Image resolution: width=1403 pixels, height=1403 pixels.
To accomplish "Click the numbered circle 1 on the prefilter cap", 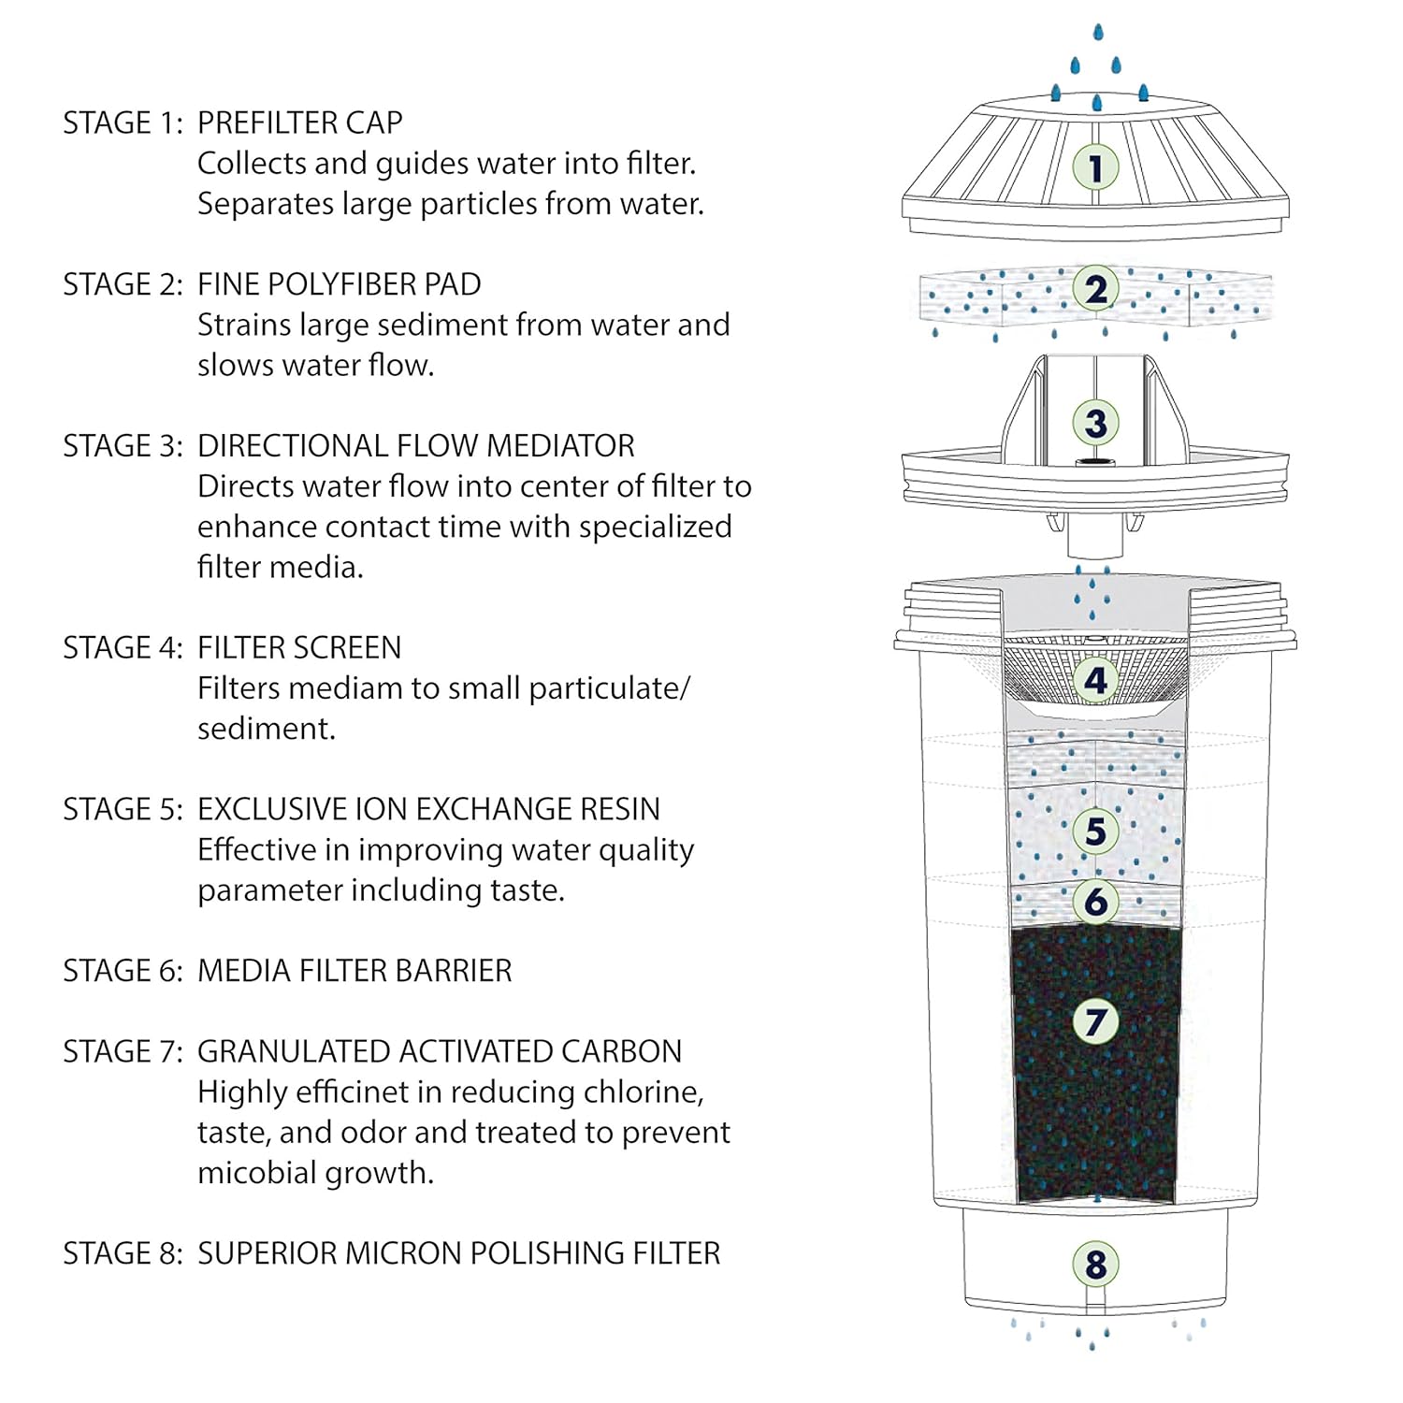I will tap(1095, 168).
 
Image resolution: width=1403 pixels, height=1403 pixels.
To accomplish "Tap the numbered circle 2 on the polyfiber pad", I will tap(1095, 289).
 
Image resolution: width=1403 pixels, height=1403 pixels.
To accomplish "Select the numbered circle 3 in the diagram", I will tap(1095, 423).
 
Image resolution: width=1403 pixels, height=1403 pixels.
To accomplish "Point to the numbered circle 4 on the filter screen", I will tap(1095, 680).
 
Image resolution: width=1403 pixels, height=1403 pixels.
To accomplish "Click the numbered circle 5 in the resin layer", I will tap(1095, 831).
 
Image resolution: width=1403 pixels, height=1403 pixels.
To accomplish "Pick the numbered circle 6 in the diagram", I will tap(1095, 902).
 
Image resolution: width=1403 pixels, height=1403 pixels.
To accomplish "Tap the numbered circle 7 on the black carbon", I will tap(1095, 1021).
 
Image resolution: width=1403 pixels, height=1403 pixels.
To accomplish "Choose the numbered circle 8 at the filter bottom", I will tap(1095, 1265).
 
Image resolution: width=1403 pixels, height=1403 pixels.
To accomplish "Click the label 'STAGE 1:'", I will tap(123, 123).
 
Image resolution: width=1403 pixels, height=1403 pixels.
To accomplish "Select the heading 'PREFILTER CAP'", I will tap(299, 123).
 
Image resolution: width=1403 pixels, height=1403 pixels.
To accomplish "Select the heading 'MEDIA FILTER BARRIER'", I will tap(354, 971).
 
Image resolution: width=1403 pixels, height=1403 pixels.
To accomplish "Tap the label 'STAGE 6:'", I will tap(123, 971).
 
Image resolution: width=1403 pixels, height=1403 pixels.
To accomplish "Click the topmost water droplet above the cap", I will tap(1098, 33).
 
